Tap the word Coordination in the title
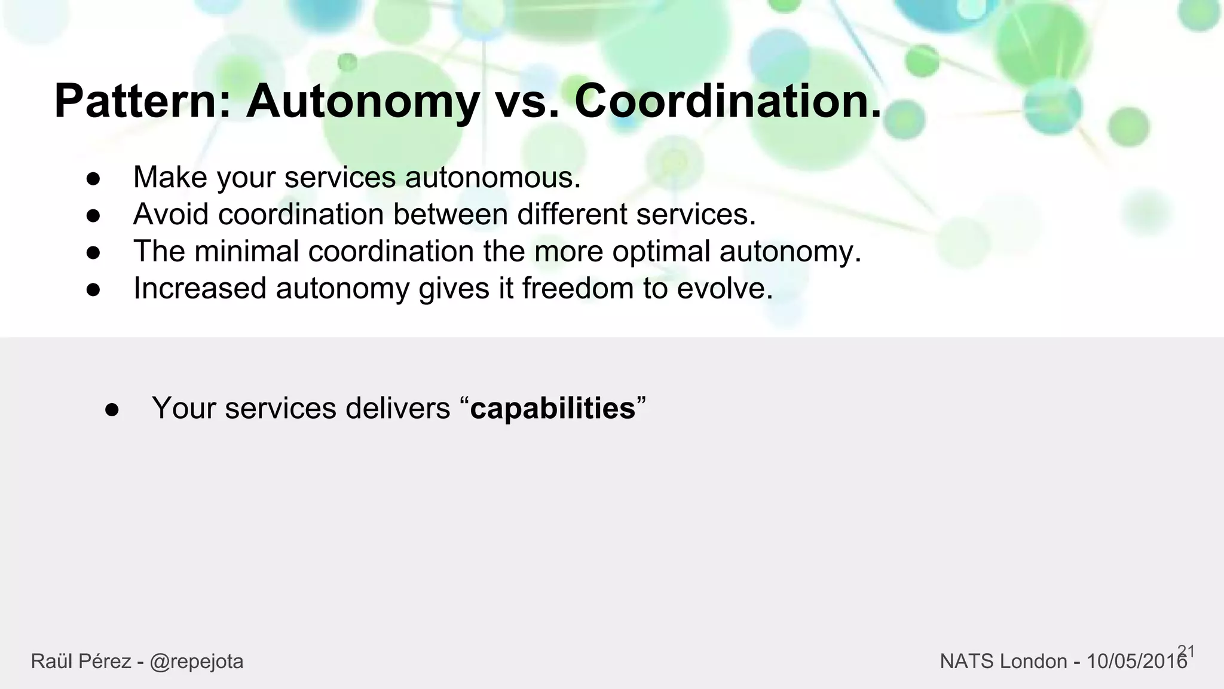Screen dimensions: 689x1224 727,102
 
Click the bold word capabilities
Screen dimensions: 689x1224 553,408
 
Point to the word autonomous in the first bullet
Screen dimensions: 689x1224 492,178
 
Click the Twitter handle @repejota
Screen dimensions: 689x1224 197,661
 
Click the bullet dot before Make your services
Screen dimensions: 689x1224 93,179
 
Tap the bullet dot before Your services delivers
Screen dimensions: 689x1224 112,410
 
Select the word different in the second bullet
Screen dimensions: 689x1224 572,214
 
